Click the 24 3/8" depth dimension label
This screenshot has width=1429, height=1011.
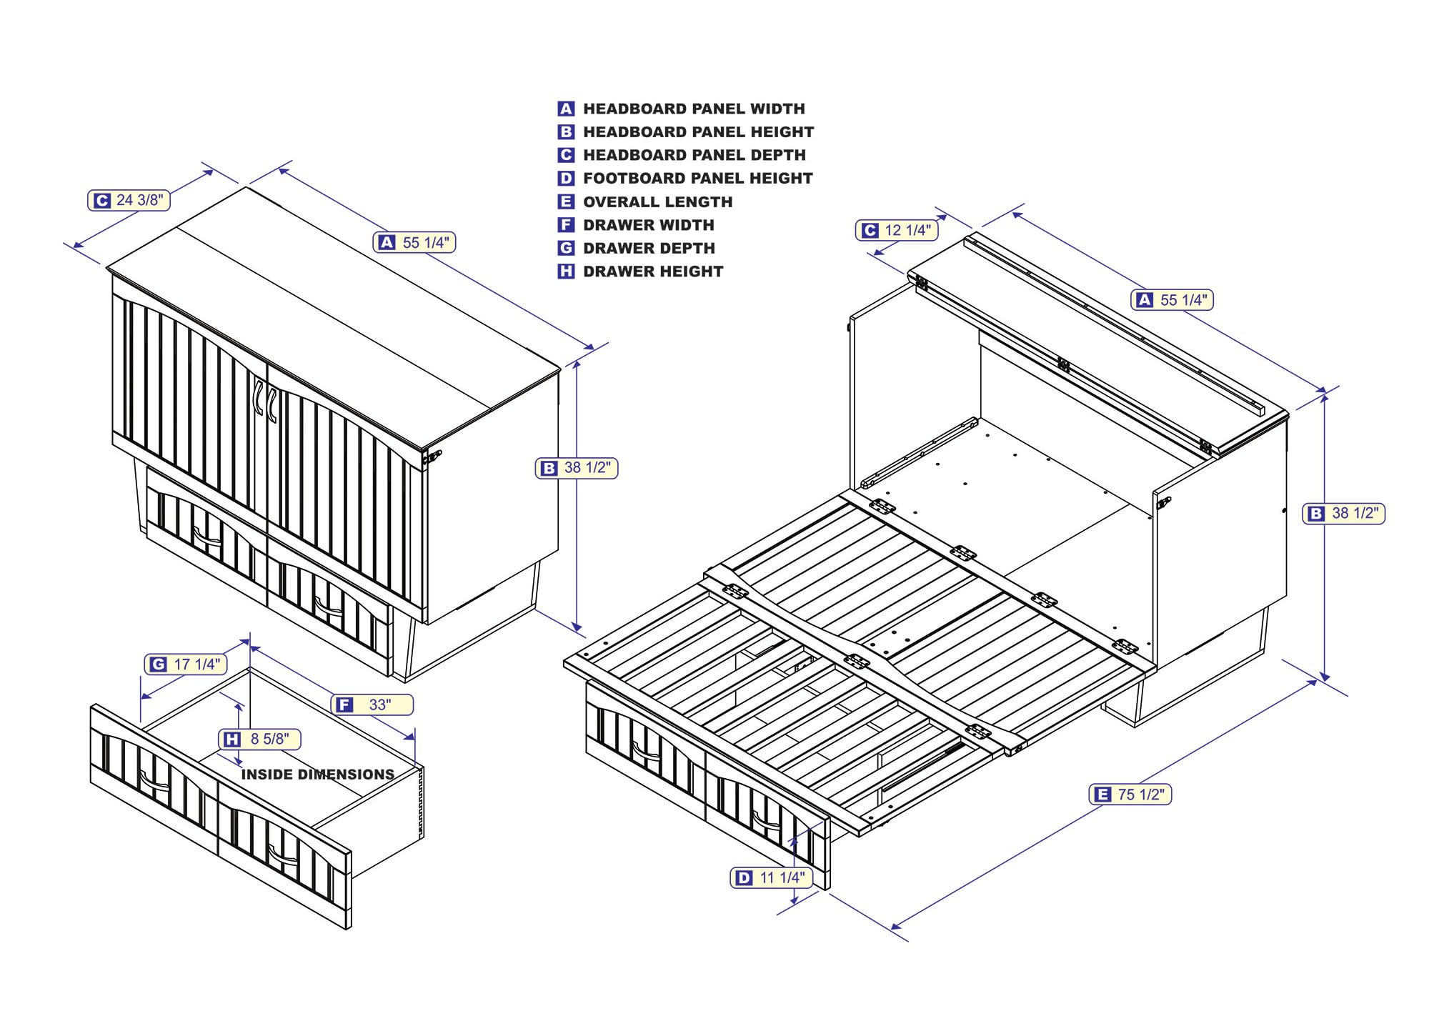coord(129,200)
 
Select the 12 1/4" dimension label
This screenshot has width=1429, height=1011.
coord(897,230)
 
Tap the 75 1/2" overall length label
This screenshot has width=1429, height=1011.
coord(1130,795)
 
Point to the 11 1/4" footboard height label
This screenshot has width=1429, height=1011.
coord(772,877)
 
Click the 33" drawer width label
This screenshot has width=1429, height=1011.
coord(373,705)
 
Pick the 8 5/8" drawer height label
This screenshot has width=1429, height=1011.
coord(259,739)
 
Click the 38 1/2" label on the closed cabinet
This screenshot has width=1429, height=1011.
coord(577,468)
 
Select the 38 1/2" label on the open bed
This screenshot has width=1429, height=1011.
coord(1344,513)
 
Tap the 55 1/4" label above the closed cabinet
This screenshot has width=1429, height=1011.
coord(414,243)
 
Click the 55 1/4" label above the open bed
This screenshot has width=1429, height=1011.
coord(1172,300)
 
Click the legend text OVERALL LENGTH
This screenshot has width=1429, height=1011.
coord(657,202)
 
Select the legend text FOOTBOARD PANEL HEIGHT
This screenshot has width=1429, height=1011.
coord(697,179)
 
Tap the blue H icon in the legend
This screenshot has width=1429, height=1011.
coord(566,272)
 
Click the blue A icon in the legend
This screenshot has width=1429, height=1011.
coord(566,109)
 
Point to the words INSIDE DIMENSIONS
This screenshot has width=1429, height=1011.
coord(317,775)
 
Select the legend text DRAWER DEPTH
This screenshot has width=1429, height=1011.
coord(649,249)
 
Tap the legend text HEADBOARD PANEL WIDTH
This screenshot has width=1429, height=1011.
coord(694,109)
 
